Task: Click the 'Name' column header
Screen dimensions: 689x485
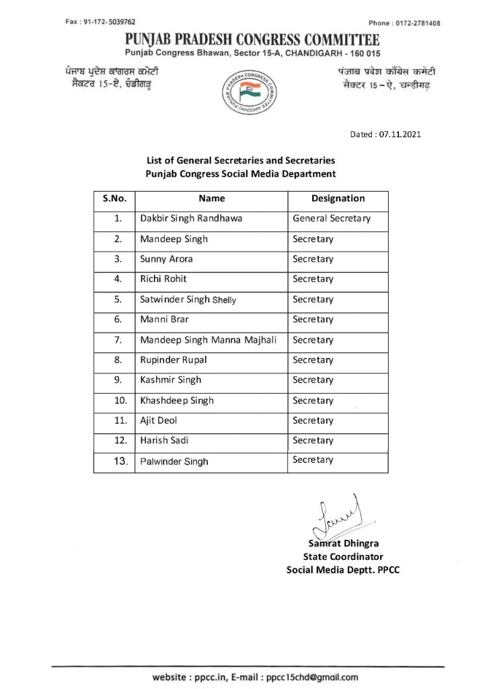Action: pyautogui.click(x=212, y=198)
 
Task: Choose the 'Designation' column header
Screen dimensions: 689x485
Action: pyautogui.click(x=338, y=198)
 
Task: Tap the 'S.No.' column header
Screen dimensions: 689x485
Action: pyautogui.click(x=114, y=198)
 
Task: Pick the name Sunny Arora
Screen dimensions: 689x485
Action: pyautogui.click(x=162, y=259)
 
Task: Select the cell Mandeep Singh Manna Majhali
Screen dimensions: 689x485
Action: pyautogui.click(x=209, y=340)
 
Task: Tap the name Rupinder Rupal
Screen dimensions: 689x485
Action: pyautogui.click(x=174, y=360)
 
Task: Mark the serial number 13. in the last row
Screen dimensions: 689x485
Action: pyautogui.click(x=119, y=461)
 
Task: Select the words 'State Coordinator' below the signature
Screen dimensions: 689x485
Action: pyautogui.click(x=343, y=556)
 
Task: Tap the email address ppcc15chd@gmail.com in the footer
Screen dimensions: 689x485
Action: pyautogui.click(x=311, y=678)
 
